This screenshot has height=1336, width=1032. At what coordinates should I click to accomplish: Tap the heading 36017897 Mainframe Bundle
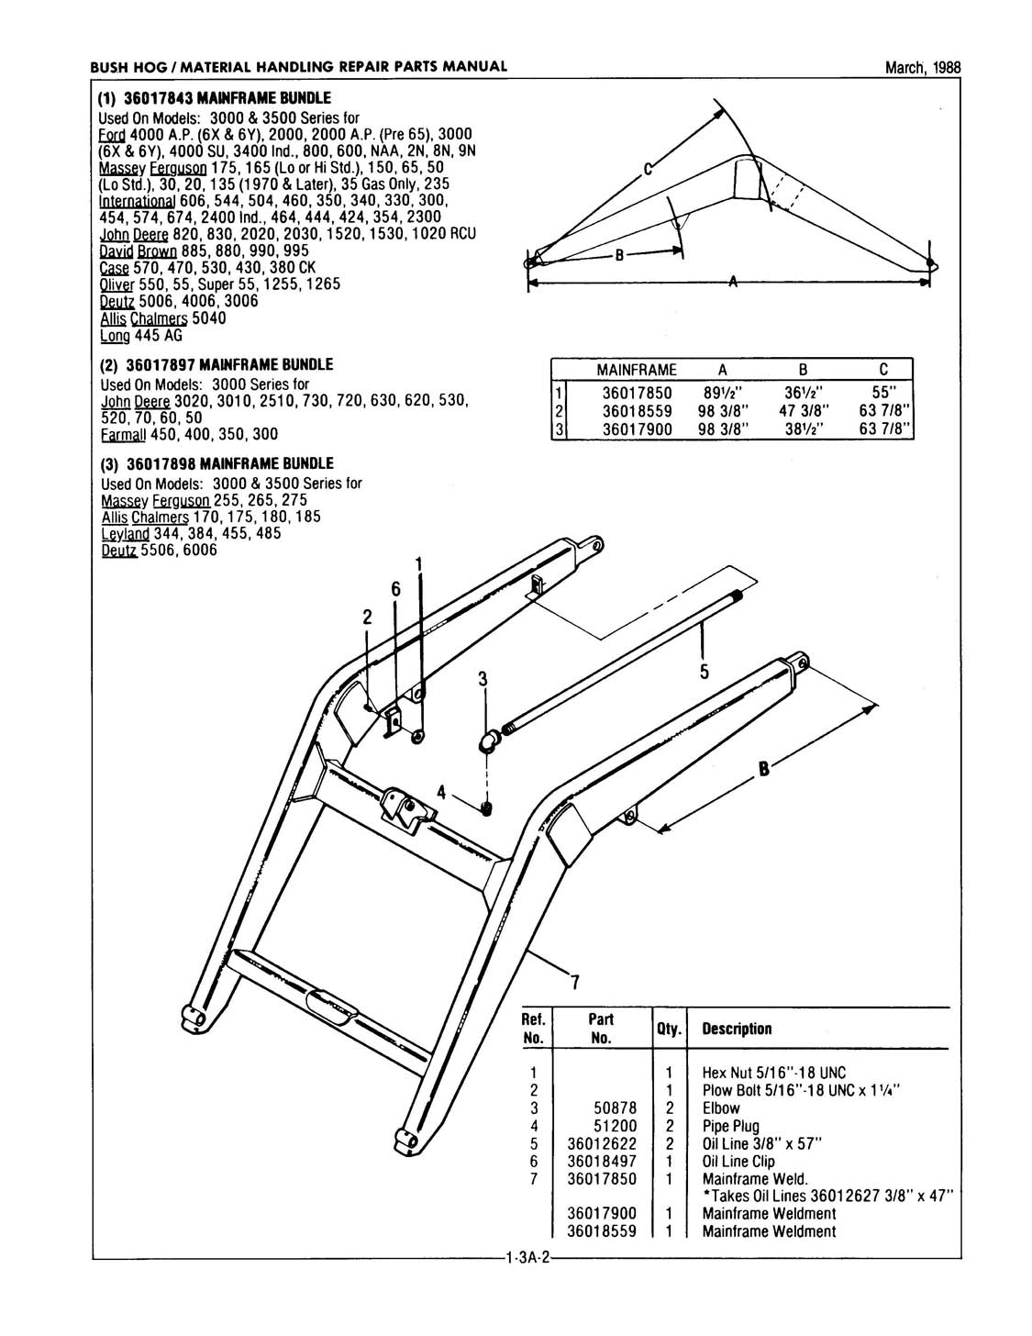click(216, 365)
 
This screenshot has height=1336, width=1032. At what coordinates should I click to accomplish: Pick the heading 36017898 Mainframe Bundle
click(216, 464)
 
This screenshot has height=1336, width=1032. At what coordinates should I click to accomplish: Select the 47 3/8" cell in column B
click(802, 410)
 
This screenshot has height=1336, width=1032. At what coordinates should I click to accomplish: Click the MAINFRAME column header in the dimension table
click(636, 370)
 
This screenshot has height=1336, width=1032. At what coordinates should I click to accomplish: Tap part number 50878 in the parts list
click(616, 1108)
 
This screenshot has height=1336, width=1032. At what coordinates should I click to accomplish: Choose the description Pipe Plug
click(730, 1126)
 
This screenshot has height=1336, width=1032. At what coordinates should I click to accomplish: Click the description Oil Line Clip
click(738, 1161)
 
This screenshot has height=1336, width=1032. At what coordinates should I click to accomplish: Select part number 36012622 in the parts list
click(602, 1143)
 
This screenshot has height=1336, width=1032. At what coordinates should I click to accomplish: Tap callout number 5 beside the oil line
click(705, 672)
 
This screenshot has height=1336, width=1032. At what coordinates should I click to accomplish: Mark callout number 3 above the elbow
click(482, 680)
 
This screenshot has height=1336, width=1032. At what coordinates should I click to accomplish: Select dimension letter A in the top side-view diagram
click(731, 283)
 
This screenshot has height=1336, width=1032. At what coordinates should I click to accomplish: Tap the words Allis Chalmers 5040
click(162, 318)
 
